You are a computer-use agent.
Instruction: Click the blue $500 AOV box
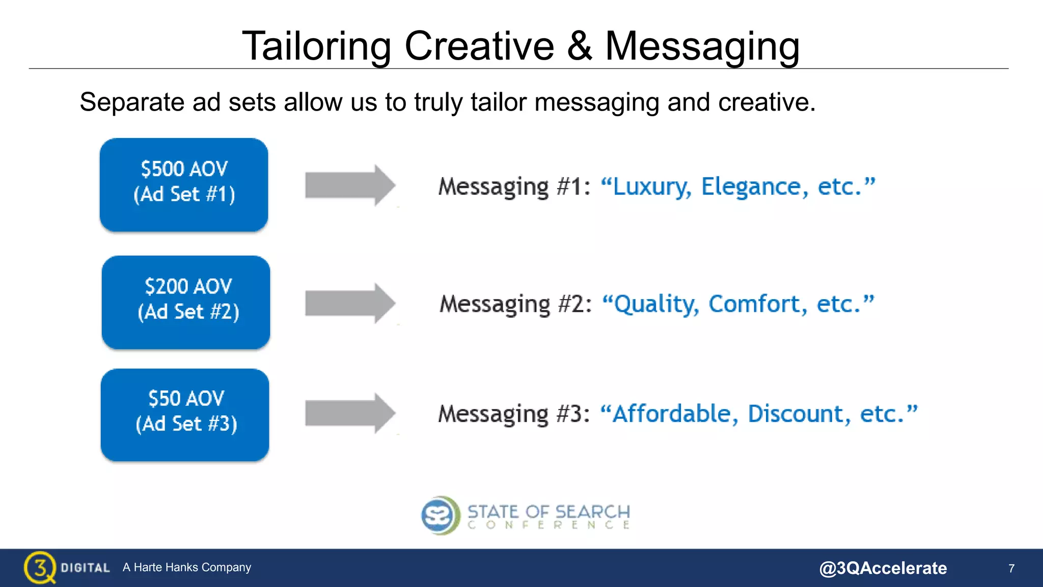pos(184,184)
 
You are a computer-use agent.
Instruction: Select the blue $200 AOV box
pos(186,302)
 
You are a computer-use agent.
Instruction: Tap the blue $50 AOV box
pos(185,415)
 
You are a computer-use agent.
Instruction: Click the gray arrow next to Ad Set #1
pos(350,185)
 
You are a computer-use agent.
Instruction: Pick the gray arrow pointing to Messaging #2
pos(350,303)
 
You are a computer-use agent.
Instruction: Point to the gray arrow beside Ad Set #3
pos(350,413)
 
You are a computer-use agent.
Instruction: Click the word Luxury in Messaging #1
pos(652,187)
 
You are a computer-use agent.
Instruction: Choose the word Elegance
pos(754,187)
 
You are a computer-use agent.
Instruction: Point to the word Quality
pos(656,305)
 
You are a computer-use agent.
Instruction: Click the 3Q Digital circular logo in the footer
pos(40,567)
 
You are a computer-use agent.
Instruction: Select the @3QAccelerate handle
pos(883,568)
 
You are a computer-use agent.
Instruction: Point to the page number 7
pos(1011,568)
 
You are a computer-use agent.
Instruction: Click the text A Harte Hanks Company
pos(187,567)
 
